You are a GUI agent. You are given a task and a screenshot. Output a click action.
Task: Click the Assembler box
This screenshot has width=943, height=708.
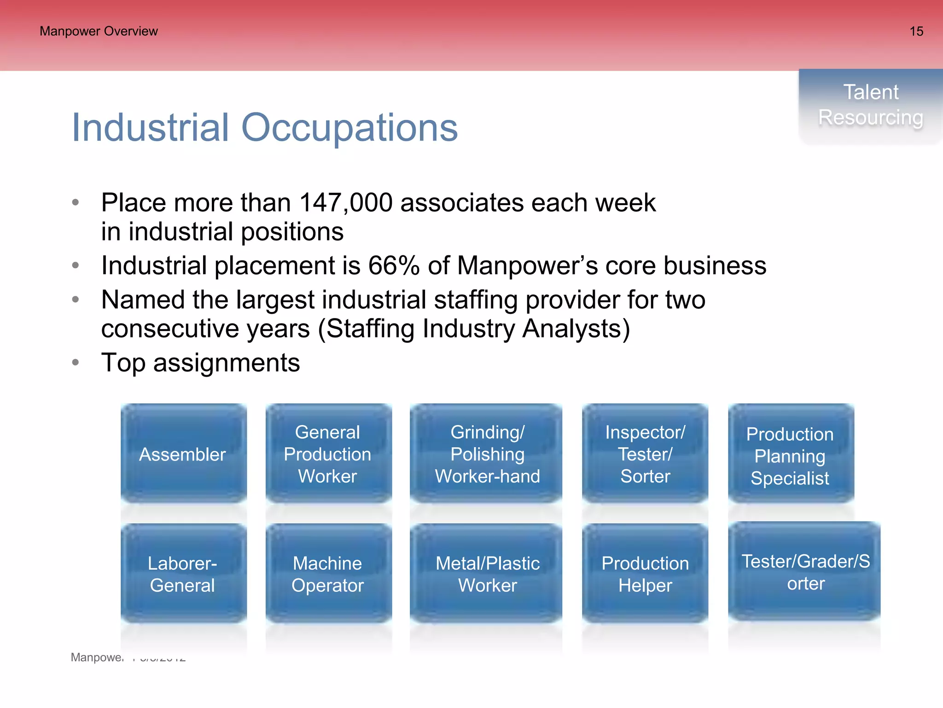click(183, 454)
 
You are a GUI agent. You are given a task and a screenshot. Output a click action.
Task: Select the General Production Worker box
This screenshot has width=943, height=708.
click(328, 454)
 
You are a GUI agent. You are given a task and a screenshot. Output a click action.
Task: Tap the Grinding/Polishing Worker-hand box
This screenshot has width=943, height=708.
click(487, 454)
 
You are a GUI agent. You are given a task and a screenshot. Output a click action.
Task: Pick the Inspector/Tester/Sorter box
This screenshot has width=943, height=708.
click(645, 454)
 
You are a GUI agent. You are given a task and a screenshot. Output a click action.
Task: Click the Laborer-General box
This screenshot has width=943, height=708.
click(183, 574)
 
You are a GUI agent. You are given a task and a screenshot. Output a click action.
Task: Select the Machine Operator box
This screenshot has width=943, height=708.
click(328, 574)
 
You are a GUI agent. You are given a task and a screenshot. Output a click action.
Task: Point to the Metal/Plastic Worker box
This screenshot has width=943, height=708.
click(487, 574)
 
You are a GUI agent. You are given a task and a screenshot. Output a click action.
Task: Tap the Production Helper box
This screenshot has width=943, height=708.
click(645, 574)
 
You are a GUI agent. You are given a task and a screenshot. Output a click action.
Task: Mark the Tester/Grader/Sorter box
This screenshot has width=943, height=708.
click(805, 572)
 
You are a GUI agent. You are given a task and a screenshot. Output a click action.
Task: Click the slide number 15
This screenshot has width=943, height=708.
click(916, 31)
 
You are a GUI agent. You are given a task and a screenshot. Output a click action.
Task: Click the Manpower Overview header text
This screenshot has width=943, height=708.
click(99, 31)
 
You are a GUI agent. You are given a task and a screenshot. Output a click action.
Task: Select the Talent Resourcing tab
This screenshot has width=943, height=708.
click(870, 105)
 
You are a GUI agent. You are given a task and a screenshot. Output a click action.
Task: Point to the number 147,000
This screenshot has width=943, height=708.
click(346, 203)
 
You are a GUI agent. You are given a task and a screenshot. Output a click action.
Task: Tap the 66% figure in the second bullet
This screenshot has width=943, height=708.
click(394, 266)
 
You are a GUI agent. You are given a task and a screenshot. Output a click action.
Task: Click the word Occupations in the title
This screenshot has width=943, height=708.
click(349, 128)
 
